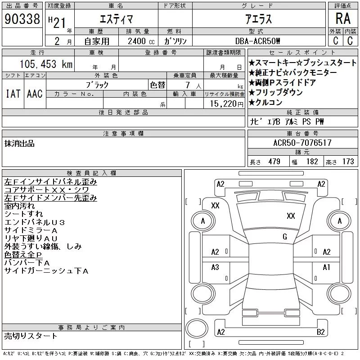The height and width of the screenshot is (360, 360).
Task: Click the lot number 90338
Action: pyautogui.click(x=22, y=19)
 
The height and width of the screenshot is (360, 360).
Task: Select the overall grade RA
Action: pyautogui.click(x=343, y=18)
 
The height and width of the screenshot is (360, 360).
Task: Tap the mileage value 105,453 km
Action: pyautogui.click(x=46, y=64)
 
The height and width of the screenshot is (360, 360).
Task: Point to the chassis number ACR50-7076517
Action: pyautogui.click(x=302, y=143)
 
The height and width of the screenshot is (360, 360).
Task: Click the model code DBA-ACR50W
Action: pyautogui.click(x=257, y=41)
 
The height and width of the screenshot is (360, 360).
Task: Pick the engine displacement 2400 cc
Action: pyautogui.click(x=141, y=41)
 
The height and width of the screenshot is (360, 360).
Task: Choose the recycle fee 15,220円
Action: pyautogui.click(x=226, y=104)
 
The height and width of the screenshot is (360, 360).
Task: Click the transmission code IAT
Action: pyautogui.click(x=13, y=94)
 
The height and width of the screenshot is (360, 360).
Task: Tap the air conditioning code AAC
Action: pyautogui.click(x=35, y=94)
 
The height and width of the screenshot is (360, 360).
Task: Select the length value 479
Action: pyautogui.click(x=274, y=162)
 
